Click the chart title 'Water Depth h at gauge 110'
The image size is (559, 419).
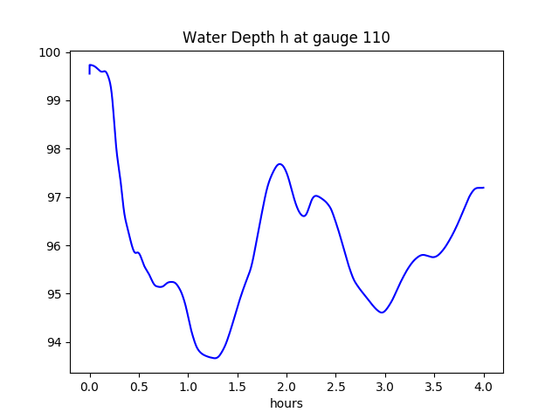point(286,38)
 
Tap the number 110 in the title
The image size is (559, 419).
point(377,38)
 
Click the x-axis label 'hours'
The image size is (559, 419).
point(286,404)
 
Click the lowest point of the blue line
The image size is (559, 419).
point(216,358)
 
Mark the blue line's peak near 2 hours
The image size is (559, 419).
point(279,164)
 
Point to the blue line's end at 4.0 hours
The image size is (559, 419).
point(483,188)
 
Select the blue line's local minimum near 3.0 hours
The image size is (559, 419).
point(382,313)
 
